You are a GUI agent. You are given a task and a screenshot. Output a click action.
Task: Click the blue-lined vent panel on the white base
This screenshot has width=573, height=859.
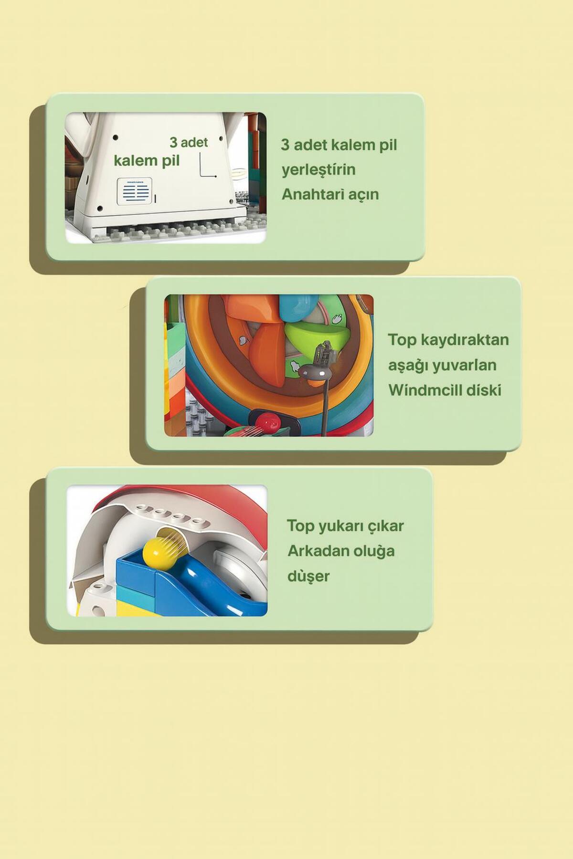(x=135, y=192)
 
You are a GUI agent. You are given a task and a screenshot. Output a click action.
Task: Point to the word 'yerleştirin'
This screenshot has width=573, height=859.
(x=318, y=170)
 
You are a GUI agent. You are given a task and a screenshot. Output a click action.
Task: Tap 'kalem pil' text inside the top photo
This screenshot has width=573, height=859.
(x=147, y=161)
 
